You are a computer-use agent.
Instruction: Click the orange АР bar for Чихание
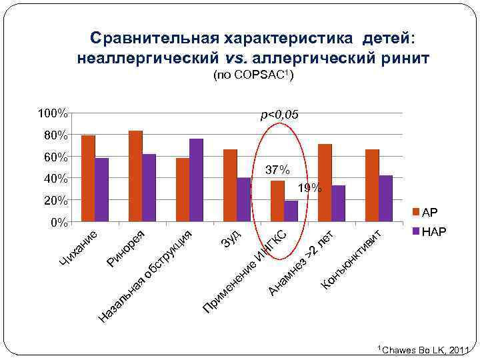(x=88, y=178)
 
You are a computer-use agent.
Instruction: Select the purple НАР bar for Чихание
(x=101, y=189)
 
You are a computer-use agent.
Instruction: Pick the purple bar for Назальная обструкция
(x=196, y=180)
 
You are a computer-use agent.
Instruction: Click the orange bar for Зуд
(x=230, y=185)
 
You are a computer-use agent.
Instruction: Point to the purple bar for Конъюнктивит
(x=385, y=198)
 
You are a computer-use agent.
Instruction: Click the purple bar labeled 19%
(x=291, y=211)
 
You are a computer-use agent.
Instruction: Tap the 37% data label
(x=277, y=171)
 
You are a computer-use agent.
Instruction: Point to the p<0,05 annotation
(x=279, y=116)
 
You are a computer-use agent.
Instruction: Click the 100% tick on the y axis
(x=53, y=113)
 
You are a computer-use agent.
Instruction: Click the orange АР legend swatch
(x=417, y=213)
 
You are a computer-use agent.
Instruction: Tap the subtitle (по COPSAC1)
(x=253, y=77)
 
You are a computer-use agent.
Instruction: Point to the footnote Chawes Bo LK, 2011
(x=426, y=350)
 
